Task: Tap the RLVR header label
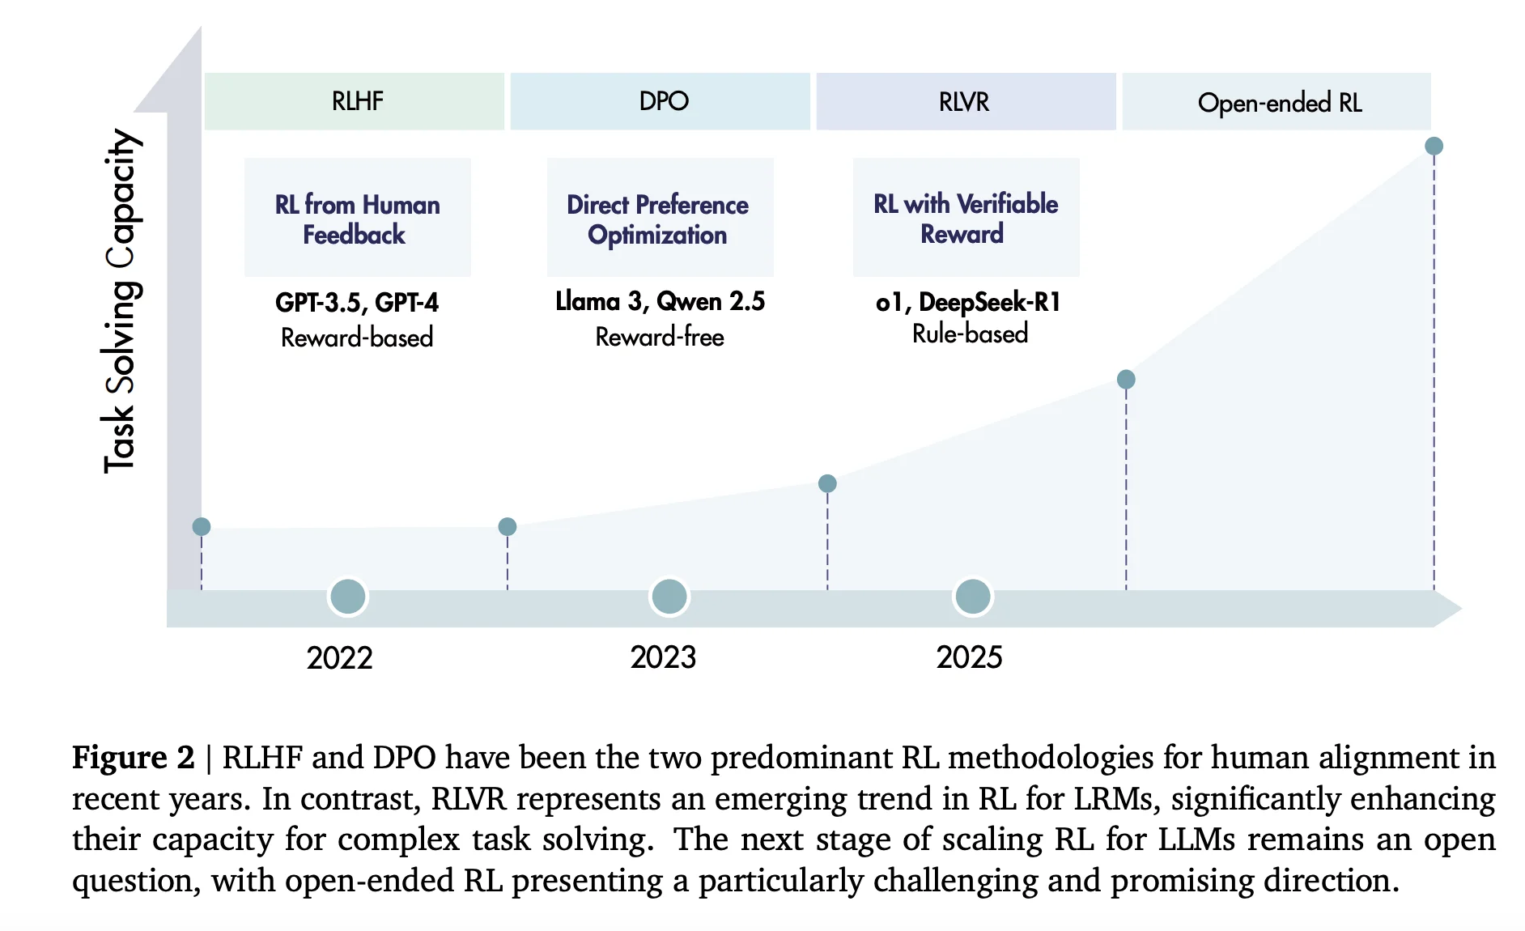(965, 102)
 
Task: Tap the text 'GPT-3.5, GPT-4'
(357, 302)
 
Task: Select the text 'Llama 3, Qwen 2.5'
(660, 301)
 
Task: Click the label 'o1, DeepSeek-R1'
(968, 302)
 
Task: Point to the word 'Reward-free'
(660, 337)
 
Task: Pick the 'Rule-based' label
(970, 334)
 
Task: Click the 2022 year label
(339, 658)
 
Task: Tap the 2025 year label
(969, 657)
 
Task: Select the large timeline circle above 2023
(669, 597)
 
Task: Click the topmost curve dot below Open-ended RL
(1434, 146)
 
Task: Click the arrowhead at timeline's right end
(1448, 609)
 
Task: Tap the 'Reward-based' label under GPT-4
(357, 338)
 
